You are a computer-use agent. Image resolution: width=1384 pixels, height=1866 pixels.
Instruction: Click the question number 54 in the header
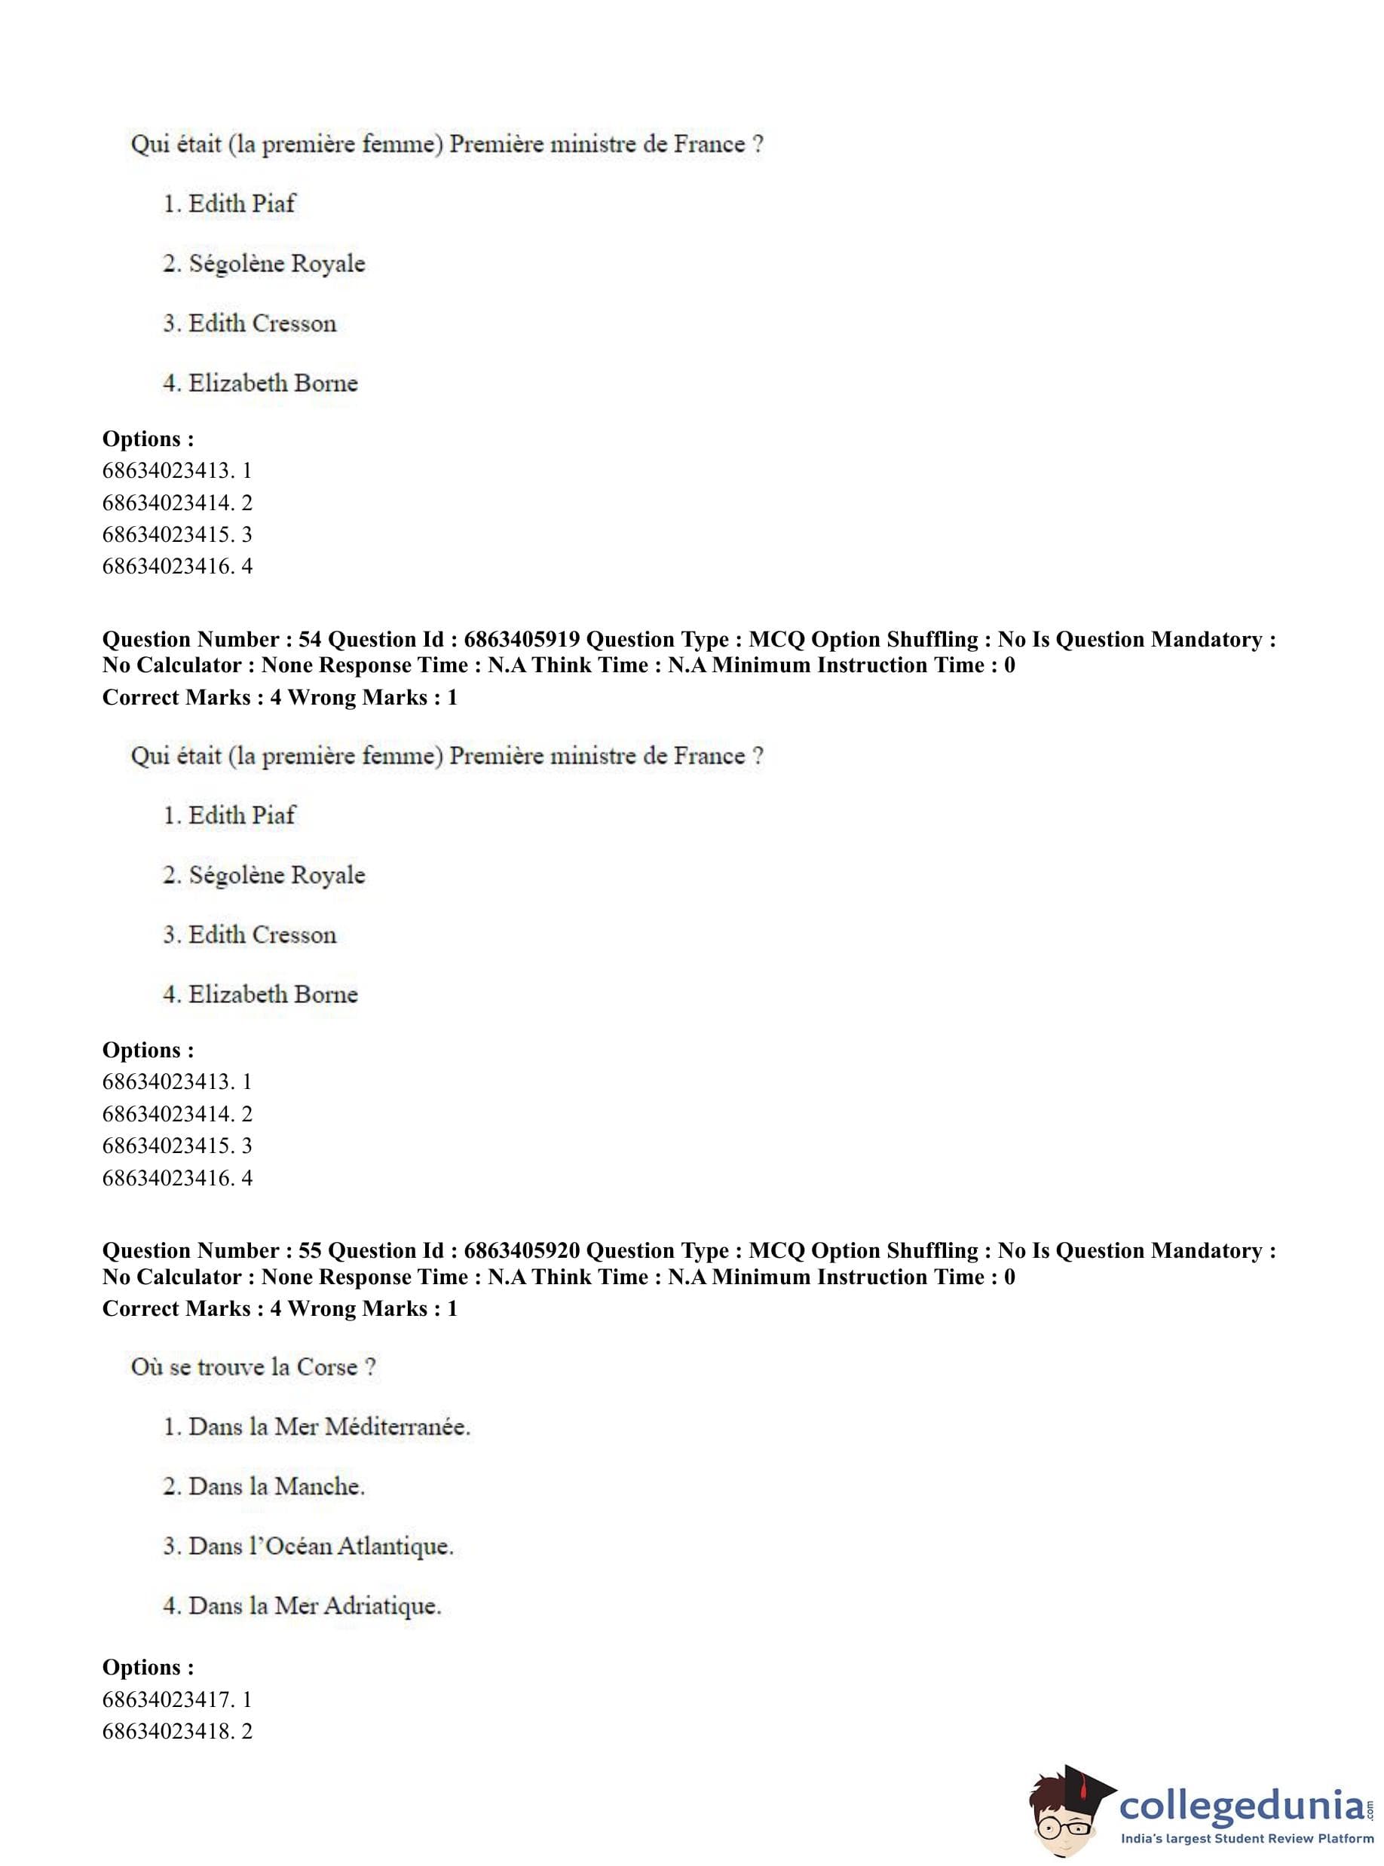(309, 639)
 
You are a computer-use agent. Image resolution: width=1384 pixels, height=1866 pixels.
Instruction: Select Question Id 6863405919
(521, 639)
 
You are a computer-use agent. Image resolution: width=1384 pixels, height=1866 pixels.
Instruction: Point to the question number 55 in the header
(309, 1250)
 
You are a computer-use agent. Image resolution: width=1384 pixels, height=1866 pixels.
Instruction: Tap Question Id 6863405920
(521, 1250)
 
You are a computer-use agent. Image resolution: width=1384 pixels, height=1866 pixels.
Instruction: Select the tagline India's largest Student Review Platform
(1247, 1839)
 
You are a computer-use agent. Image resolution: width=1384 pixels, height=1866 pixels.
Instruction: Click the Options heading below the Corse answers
(148, 1668)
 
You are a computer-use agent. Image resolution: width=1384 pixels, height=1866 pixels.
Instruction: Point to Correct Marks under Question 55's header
(176, 1308)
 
